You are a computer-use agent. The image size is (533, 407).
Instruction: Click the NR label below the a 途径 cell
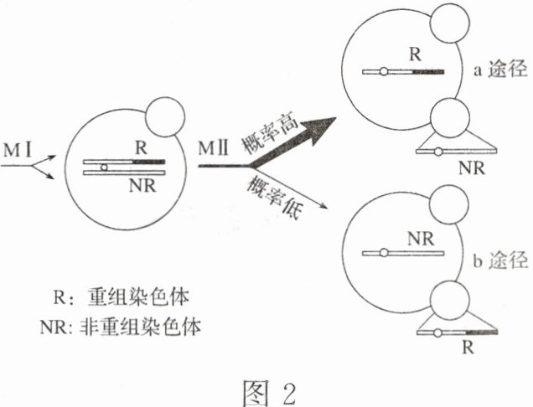(471, 166)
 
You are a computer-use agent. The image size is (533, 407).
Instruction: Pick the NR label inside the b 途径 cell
(417, 237)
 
